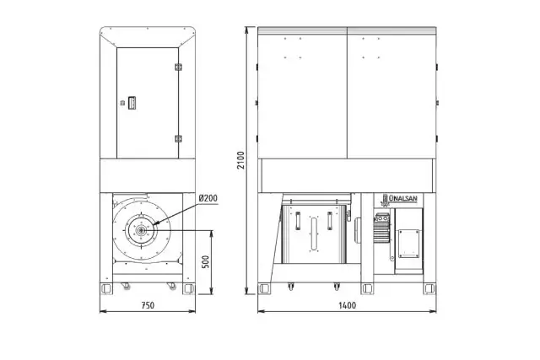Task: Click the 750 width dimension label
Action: click(x=148, y=305)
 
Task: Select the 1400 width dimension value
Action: click(x=347, y=305)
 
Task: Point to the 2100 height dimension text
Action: click(x=241, y=160)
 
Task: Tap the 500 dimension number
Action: click(x=205, y=262)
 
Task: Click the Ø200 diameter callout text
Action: click(x=208, y=199)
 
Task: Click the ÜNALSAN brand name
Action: click(x=403, y=198)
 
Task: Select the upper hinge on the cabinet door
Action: click(x=178, y=67)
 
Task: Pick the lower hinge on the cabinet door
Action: click(x=178, y=139)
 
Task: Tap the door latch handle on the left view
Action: click(x=132, y=103)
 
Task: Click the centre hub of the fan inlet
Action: click(x=141, y=230)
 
